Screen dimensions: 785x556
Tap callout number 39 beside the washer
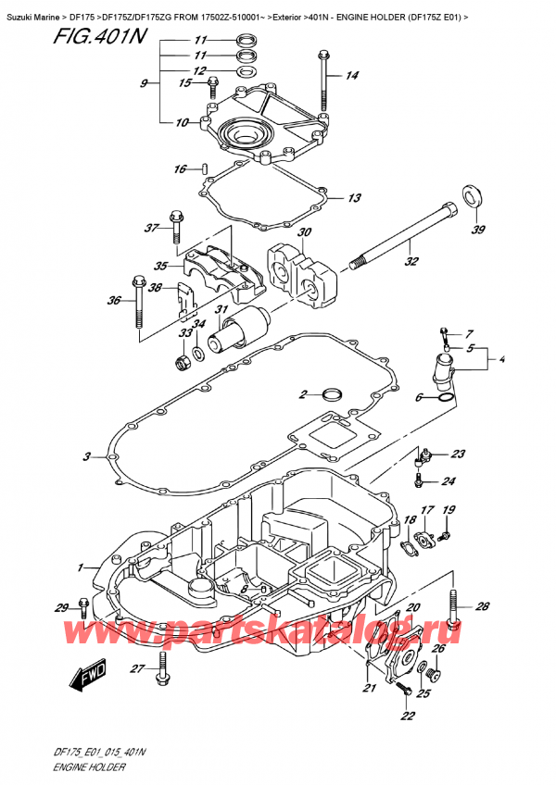tap(477, 231)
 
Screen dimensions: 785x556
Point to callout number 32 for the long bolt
tap(411, 261)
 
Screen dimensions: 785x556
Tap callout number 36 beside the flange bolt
tap(113, 300)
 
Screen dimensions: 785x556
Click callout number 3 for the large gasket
tap(87, 455)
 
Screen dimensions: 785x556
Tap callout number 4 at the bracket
tap(502, 359)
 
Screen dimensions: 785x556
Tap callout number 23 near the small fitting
tap(458, 454)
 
